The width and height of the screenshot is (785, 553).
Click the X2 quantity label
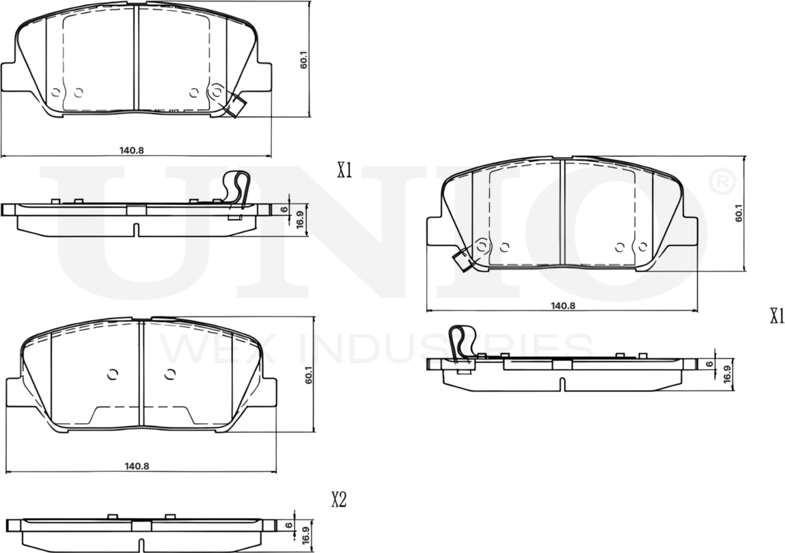(x=339, y=500)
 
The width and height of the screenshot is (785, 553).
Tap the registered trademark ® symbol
(x=721, y=182)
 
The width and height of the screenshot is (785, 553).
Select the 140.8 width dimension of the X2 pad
(x=137, y=466)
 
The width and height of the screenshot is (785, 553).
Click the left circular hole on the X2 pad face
(x=113, y=374)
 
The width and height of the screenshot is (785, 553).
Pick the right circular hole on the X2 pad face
(x=170, y=374)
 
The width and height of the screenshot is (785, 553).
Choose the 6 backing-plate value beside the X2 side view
(x=289, y=526)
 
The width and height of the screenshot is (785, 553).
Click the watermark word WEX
(x=199, y=348)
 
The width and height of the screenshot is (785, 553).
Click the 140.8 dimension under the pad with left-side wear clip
(x=563, y=306)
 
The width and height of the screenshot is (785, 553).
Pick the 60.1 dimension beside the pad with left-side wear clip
(x=738, y=215)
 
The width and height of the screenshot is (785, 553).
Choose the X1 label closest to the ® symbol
(x=776, y=316)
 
